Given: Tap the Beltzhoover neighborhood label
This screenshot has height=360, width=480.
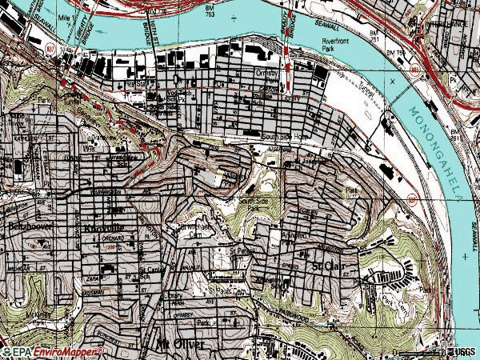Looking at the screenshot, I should click(23, 227).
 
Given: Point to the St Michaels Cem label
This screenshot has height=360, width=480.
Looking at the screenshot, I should click(196, 230).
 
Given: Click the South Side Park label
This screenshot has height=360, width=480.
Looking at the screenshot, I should click(250, 204).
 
